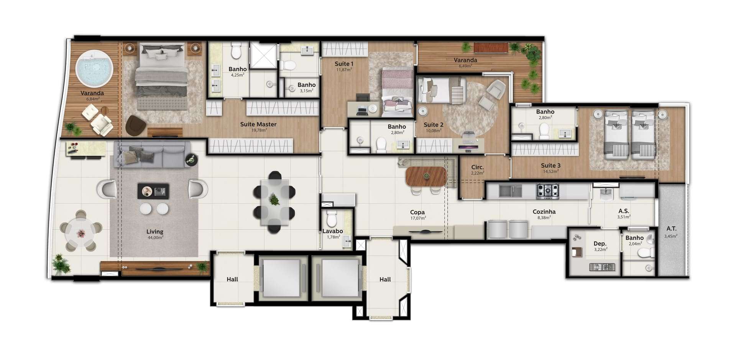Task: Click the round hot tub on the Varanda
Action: [94, 69]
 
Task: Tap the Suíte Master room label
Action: [258, 124]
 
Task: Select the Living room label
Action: [155, 232]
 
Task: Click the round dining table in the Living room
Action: [81, 233]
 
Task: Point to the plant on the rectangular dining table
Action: [274, 200]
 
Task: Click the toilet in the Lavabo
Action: [332, 219]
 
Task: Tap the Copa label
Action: [417, 212]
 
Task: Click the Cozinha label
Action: [544, 212]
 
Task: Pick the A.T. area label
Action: [671, 228]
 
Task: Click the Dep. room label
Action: [600, 243]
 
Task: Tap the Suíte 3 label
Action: [551, 166]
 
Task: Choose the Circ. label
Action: [478, 167]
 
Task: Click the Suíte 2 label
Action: [434, 125]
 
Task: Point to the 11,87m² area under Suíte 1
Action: [344, 70]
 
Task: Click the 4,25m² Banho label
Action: [238, 75]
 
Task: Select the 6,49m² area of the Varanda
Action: [465, 66]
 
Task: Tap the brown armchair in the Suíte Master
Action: [135, 125]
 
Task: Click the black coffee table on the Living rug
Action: [153, 191]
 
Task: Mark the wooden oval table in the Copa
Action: [426, 176]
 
